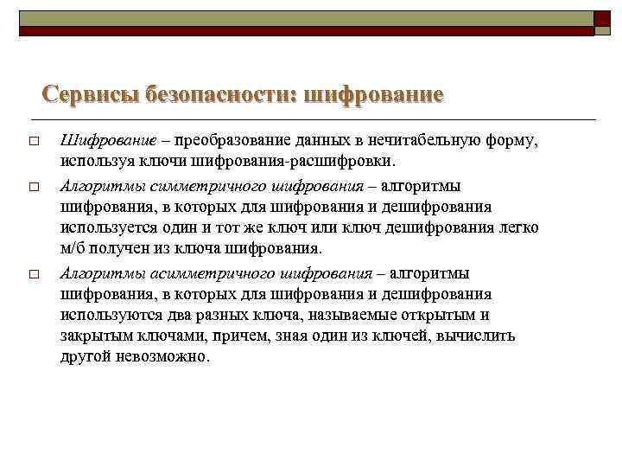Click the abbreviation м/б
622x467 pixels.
coord(73,249)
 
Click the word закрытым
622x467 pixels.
coord(93,336)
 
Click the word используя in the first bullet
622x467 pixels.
coord(93,162)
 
